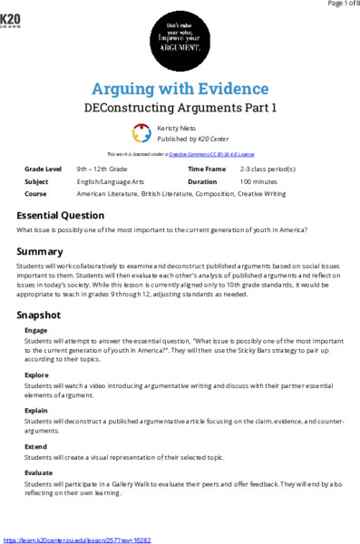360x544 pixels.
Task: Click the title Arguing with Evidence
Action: tap(180, 88)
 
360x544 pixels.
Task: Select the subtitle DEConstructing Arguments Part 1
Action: tap(180, 107)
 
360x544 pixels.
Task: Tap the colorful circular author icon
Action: tap(141, 134)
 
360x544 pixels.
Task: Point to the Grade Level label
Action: tap(43, 170)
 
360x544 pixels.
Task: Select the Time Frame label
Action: tap(207, 170)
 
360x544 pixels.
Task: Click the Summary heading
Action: tap(40, 251)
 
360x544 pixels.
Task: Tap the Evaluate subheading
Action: tap(39, 472)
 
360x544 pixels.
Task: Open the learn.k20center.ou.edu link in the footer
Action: tap(77, 539)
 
